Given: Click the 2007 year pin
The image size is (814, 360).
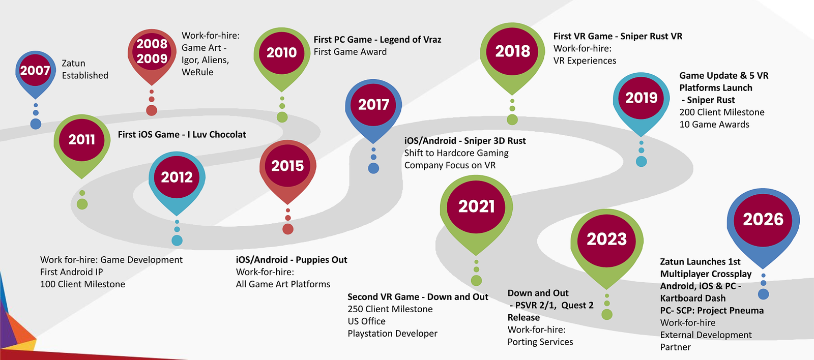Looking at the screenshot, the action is coord(35,73).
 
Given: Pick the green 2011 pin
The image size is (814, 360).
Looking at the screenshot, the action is coord(82,143).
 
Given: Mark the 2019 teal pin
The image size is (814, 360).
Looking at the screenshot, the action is coord(642,102).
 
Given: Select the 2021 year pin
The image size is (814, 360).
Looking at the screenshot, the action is coord(476,212).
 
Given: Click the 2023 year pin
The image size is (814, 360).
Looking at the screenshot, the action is coord(607,246).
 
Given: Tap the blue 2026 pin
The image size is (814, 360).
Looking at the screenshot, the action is coord(763,225).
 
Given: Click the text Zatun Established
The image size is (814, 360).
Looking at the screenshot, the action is coord(85,69).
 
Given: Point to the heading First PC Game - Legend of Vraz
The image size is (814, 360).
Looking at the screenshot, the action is coord(377,40).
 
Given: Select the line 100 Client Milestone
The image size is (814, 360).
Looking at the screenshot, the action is coord(82,284).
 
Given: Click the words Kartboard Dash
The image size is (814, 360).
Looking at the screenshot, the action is coord(693,298).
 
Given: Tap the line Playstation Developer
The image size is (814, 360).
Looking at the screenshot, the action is coord(392,334).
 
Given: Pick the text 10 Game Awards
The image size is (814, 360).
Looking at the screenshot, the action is coord(714,124).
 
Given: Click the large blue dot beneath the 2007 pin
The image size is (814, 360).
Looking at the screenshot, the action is coord(36,124).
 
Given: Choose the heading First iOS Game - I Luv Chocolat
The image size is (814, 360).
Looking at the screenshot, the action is coord(182,134).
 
